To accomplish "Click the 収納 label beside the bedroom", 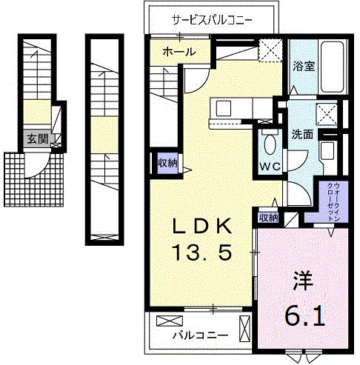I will click(267, 218).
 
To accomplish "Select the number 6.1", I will click(303, 316).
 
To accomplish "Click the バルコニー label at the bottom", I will click(200, 335).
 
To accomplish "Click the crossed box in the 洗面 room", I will click(324, 114).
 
